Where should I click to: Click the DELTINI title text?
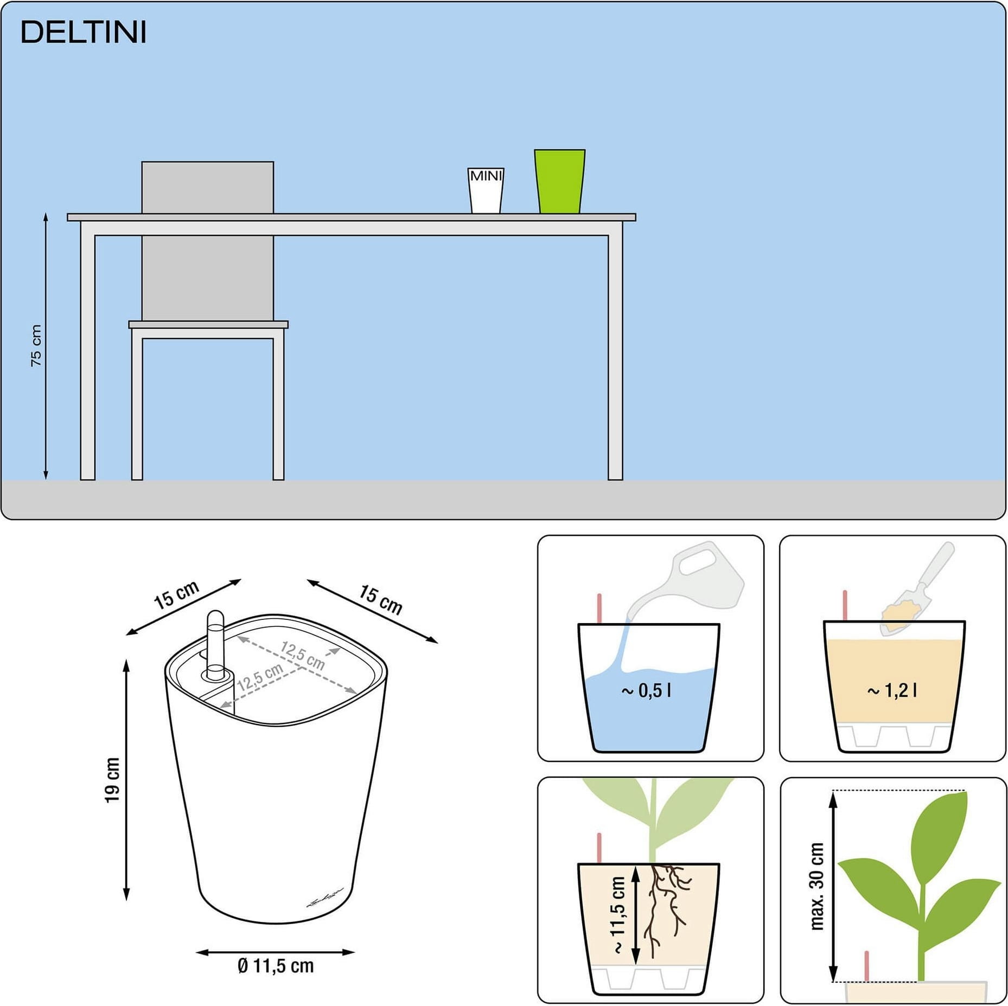tap(84, 33)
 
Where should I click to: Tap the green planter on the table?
tap(559, 181)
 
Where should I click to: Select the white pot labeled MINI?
tap(486, 190)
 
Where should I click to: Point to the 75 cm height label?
tap(36, 345)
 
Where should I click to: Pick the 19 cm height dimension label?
tap(112, 780)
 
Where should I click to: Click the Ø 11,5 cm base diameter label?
tap(276, 965)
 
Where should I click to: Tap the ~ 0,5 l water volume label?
tap(646, 690)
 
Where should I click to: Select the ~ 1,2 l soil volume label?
tap(892, 690)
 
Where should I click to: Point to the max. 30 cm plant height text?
tap(816, 886)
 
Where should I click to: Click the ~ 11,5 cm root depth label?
tap(618, 915)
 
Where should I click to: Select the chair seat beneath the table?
tap(208, 324)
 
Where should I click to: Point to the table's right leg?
tap(615, 358)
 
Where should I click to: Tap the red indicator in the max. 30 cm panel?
tap(866, 965)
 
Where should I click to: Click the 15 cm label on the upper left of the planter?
tap(176, 594)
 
